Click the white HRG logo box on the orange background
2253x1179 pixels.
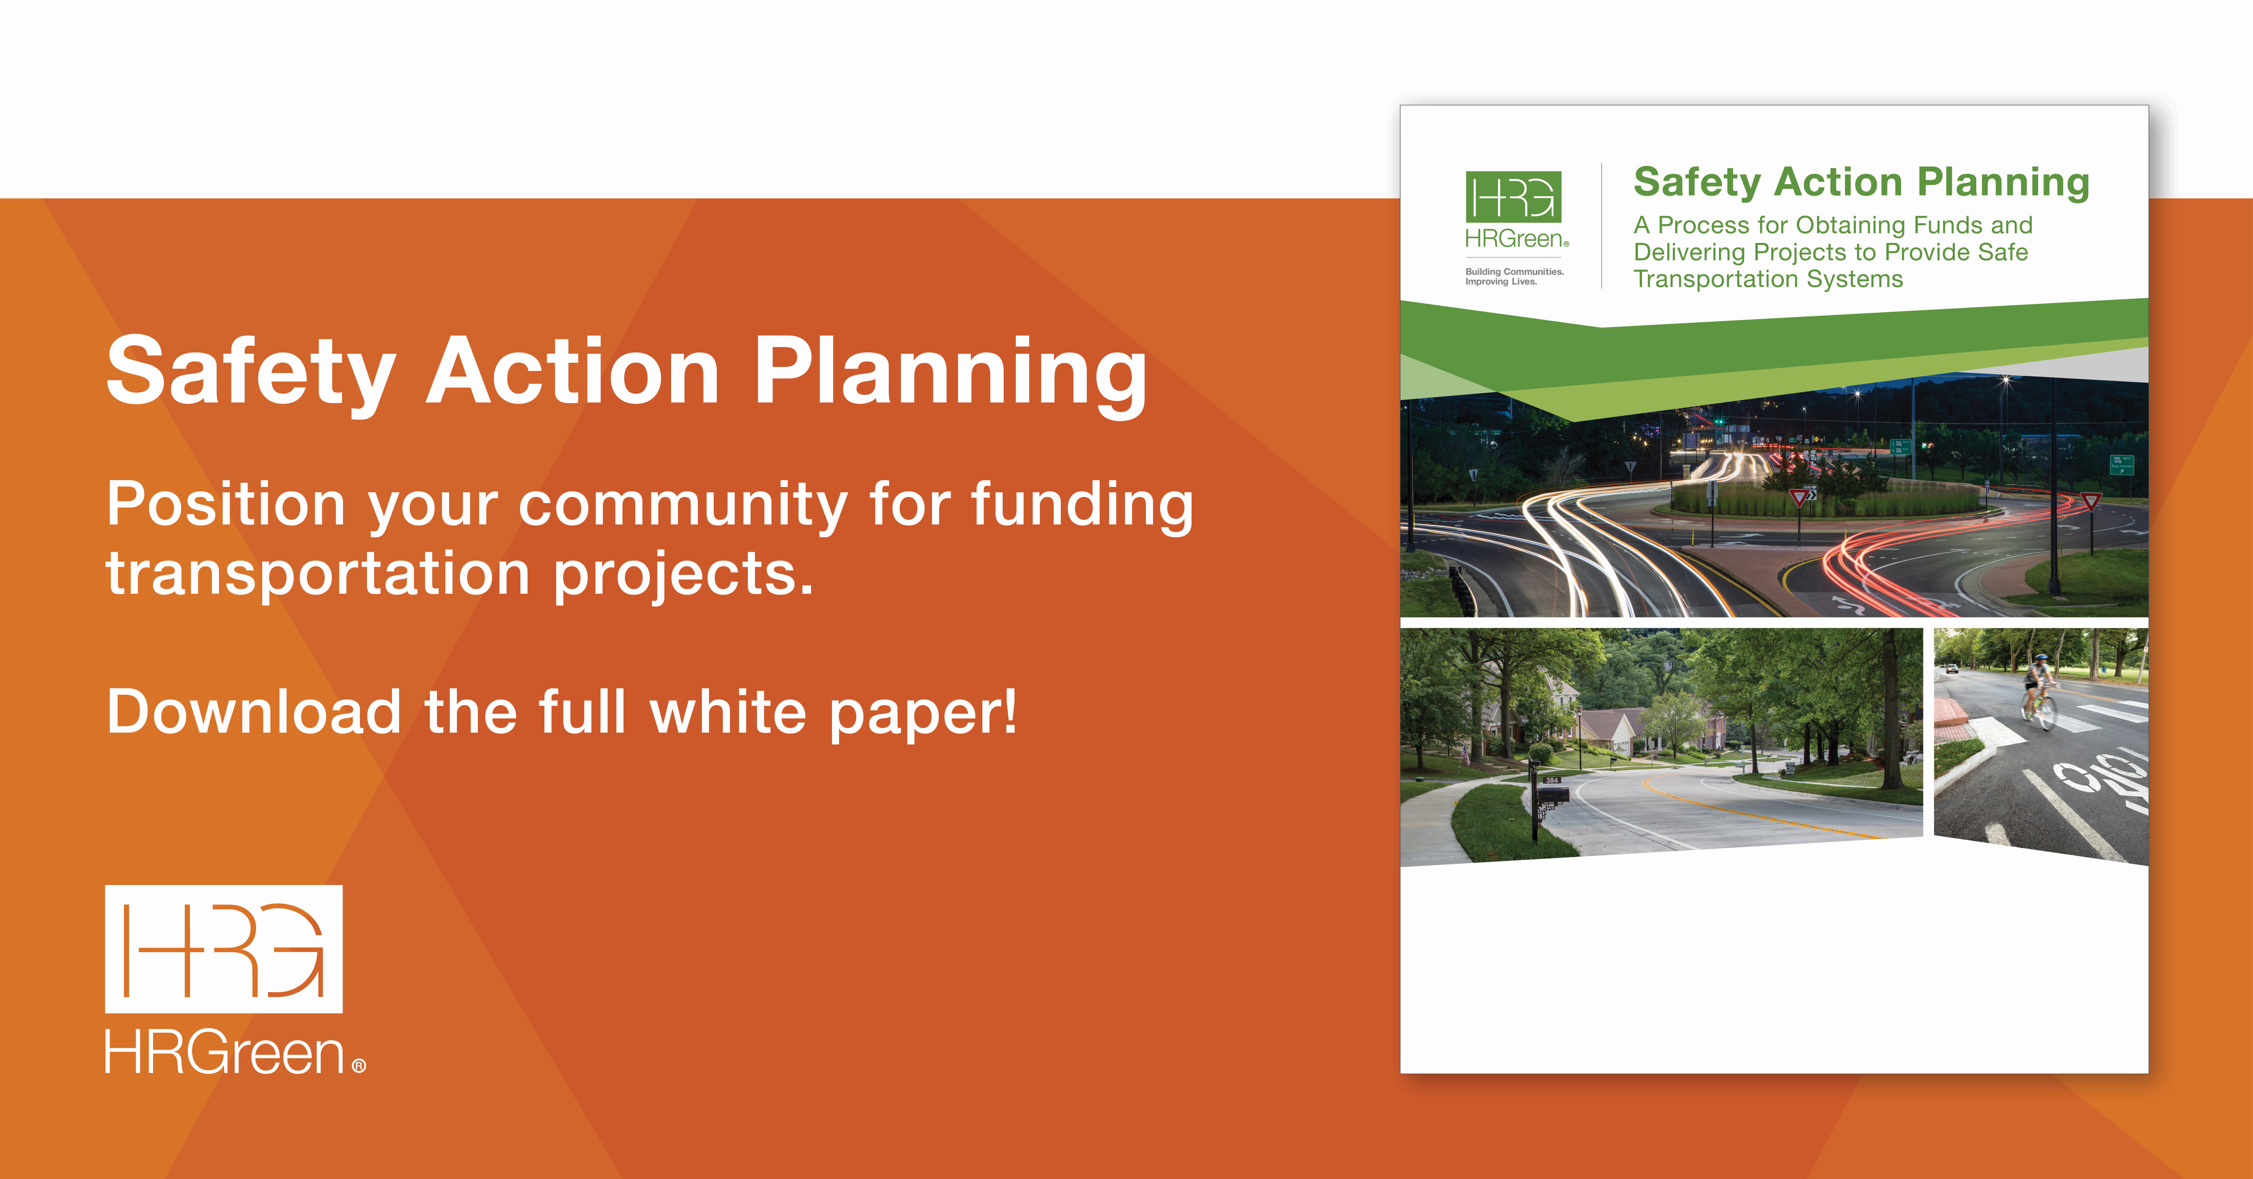tap(224, 949)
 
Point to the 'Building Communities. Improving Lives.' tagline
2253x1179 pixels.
tap(1514, 276)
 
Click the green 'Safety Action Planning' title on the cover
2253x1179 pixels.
tap(1861, 182)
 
